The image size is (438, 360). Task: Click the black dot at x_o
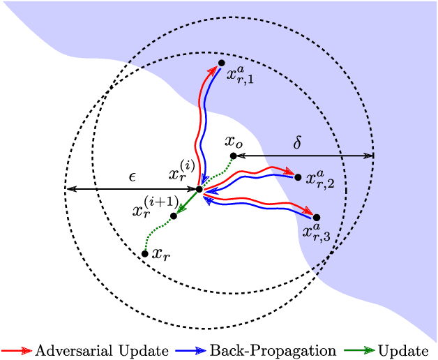tap(234, 156)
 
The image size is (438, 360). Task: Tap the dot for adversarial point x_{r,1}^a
tap(222, 63)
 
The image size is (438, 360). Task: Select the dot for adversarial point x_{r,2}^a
tap(298, 177)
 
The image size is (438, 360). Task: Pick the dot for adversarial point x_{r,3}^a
tap(316, 218)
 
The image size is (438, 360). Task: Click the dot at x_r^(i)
tap(199, 189)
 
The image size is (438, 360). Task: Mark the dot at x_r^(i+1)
tap(174, 216)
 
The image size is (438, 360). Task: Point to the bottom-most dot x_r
tap(145, 253)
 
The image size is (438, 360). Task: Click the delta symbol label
tap(297, 142)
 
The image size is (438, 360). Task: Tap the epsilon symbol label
tap(132, 176)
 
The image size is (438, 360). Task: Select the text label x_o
tap(234, 141)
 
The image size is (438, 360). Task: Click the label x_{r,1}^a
tap(241, 74)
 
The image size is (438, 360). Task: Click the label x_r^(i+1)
tap(152, 207)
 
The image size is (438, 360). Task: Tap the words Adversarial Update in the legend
tap(101, 350)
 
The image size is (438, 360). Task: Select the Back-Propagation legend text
tap(273, 350)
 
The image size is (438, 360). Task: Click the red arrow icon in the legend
tap(17, 350)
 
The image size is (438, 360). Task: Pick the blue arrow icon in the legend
tap(192, 350)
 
